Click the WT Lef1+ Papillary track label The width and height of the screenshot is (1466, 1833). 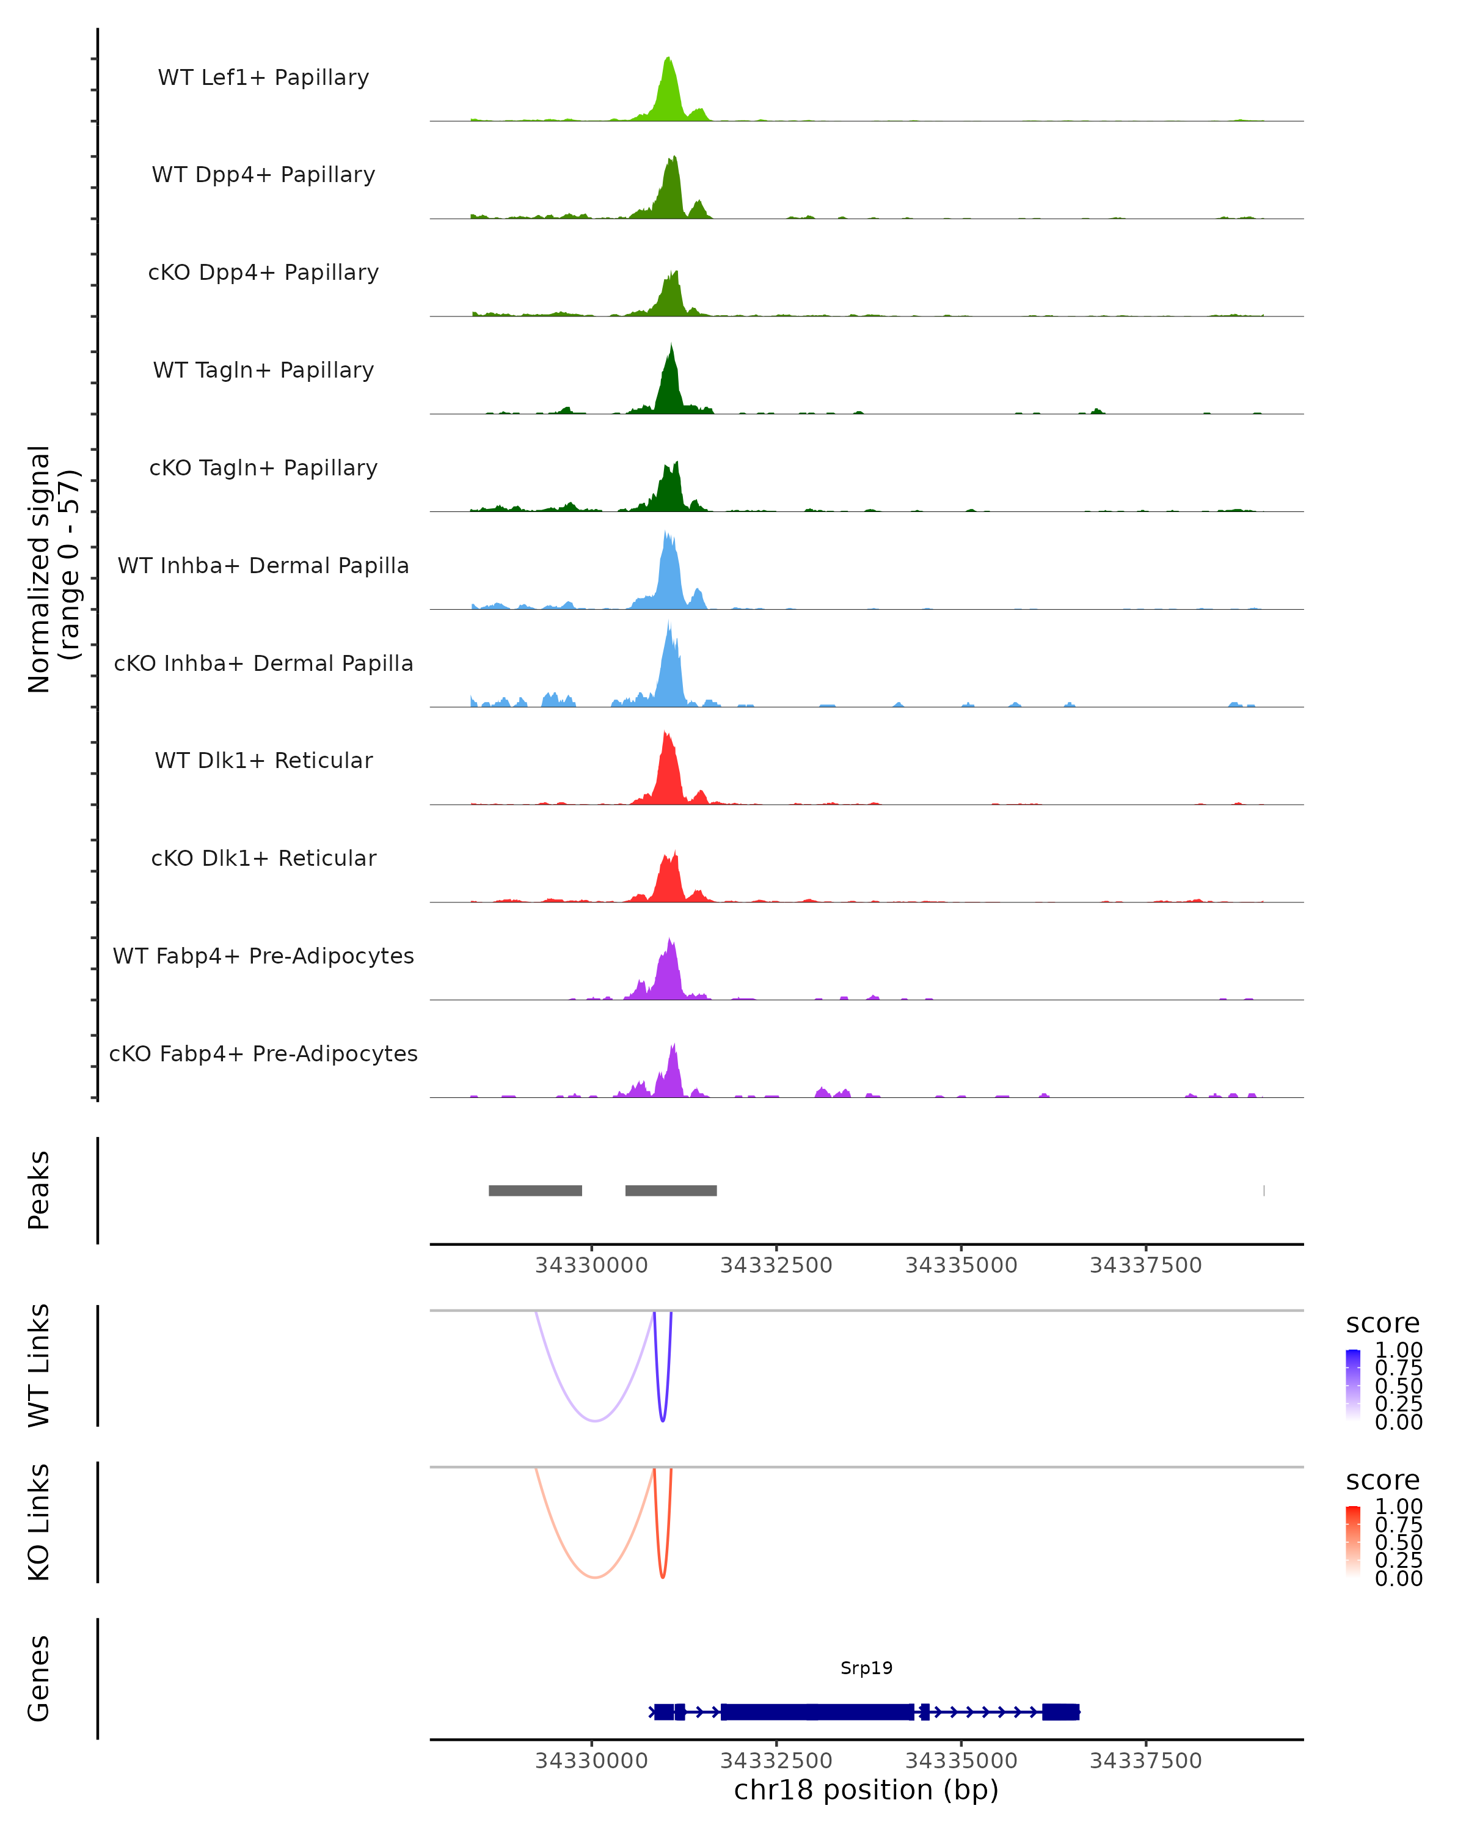pos(263,78)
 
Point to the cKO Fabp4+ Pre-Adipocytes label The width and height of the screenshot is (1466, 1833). pos(263,1053)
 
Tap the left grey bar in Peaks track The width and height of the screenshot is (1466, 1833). pos(536,1190)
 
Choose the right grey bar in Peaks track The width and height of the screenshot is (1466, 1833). pos(671,1190)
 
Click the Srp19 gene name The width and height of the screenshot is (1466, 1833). pos(866,1668)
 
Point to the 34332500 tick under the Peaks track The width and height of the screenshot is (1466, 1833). pos(776,1265)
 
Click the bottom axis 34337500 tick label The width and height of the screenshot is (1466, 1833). pos(1145,1761)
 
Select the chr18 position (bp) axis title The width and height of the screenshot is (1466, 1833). pos(866,1790)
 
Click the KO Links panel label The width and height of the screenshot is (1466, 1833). pos(39,1522)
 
